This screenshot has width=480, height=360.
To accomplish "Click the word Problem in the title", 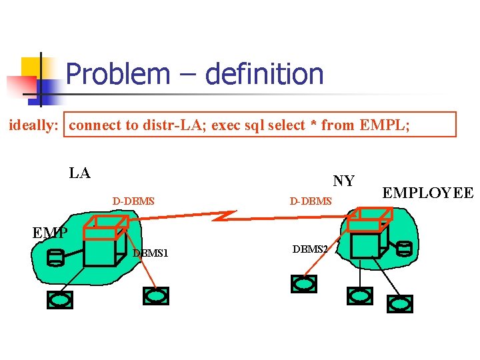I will click(x=117, y=73).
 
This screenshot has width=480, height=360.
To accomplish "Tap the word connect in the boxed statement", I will click(x=95, y=125).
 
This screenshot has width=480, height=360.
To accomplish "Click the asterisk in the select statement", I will click(x=311, y=125).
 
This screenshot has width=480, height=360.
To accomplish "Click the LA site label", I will click(x=79, y=173).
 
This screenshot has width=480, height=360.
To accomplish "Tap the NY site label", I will click(x=343, y=181).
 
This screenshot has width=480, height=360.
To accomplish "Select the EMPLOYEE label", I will click(x=427, y=194).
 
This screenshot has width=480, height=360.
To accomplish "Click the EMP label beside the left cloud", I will click(x=49, y=233).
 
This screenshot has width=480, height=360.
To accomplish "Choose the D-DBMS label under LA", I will click(x=133, y=199).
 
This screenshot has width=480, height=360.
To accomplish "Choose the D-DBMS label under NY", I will click(x=310, y=200).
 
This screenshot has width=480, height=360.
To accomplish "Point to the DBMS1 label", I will click(x=151, y=253).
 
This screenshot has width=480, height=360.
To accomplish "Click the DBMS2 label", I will click(x=310, y=249).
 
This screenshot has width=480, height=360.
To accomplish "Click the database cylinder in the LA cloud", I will click(x=56, y=257).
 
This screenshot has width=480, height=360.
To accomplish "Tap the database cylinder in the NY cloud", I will click(x=404, y=249).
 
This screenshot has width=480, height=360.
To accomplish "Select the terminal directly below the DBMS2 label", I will click(x=304, y=284).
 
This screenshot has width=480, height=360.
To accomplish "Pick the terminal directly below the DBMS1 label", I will click(x=156, y=296).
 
